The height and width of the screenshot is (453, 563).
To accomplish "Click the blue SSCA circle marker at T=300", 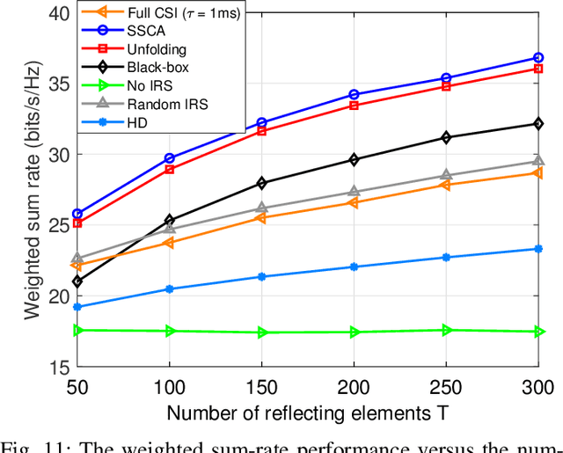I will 538,58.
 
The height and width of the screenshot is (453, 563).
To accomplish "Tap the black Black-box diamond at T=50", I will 77,281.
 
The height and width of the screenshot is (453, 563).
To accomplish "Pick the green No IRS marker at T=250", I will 446,330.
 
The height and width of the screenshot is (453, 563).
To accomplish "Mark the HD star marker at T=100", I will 170,289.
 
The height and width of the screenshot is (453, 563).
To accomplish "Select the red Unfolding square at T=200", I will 354,106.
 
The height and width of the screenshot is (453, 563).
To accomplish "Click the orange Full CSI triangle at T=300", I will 538,172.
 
